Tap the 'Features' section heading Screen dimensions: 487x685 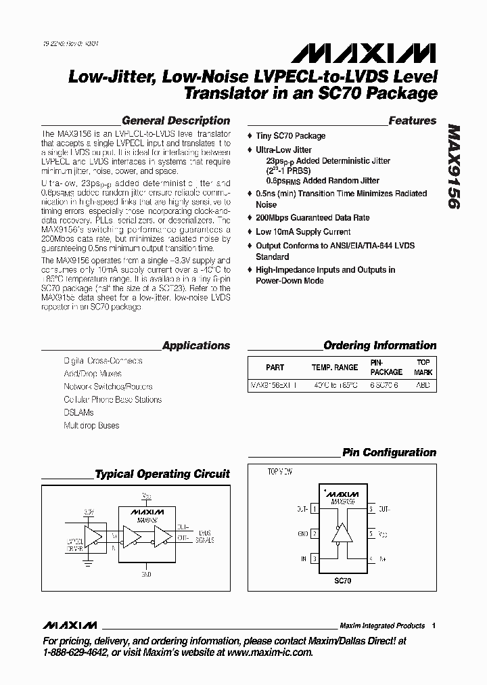[x=412, y=120]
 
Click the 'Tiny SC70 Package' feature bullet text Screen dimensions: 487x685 [x=290, y=136]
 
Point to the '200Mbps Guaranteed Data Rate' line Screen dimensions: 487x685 [x=312, y=219]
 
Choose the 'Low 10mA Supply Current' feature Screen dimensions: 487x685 [x=303, y=231]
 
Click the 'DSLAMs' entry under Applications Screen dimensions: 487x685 [x=78, y=412]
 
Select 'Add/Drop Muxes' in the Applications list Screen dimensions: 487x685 [x=93, y=374]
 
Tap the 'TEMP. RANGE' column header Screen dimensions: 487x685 [x=335, y=368]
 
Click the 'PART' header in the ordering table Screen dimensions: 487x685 [x=275, y=368]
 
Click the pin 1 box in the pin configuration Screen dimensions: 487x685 [x=315, y=508]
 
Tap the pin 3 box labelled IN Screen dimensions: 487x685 [x=315, y=559]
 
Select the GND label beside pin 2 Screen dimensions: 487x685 [x=302, y=534]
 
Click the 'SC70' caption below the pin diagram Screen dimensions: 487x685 [x=342, y=581]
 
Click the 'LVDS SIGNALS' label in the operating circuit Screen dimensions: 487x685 [x=205, y=537]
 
